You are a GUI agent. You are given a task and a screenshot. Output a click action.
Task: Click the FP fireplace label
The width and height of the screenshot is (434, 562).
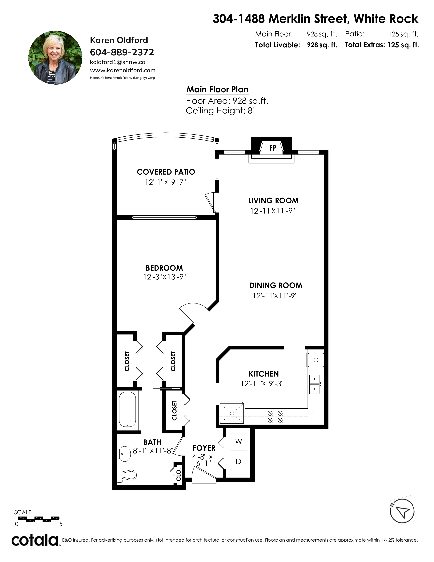coord(272,148)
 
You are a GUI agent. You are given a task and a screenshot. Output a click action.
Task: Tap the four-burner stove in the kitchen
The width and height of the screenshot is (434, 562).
coord(275,417)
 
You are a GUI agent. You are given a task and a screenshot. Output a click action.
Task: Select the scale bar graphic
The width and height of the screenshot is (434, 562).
coord(37,519)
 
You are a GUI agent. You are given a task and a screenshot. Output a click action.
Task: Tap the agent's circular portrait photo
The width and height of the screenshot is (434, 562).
coord(55,58)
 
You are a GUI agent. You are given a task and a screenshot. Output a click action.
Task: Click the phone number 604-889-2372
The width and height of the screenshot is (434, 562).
coord(122,52)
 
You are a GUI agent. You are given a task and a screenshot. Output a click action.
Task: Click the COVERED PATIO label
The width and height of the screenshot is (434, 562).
coord(166,172)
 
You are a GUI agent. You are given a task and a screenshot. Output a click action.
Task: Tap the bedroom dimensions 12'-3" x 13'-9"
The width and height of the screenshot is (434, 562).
coord(165,277)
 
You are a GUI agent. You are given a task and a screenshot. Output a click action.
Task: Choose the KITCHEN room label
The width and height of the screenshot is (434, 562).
coord(264,374)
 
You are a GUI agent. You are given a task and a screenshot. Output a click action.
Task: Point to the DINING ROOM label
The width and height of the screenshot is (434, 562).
coord(276,285)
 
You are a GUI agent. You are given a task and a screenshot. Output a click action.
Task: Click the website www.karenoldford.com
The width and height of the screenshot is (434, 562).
coord(123,70)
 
